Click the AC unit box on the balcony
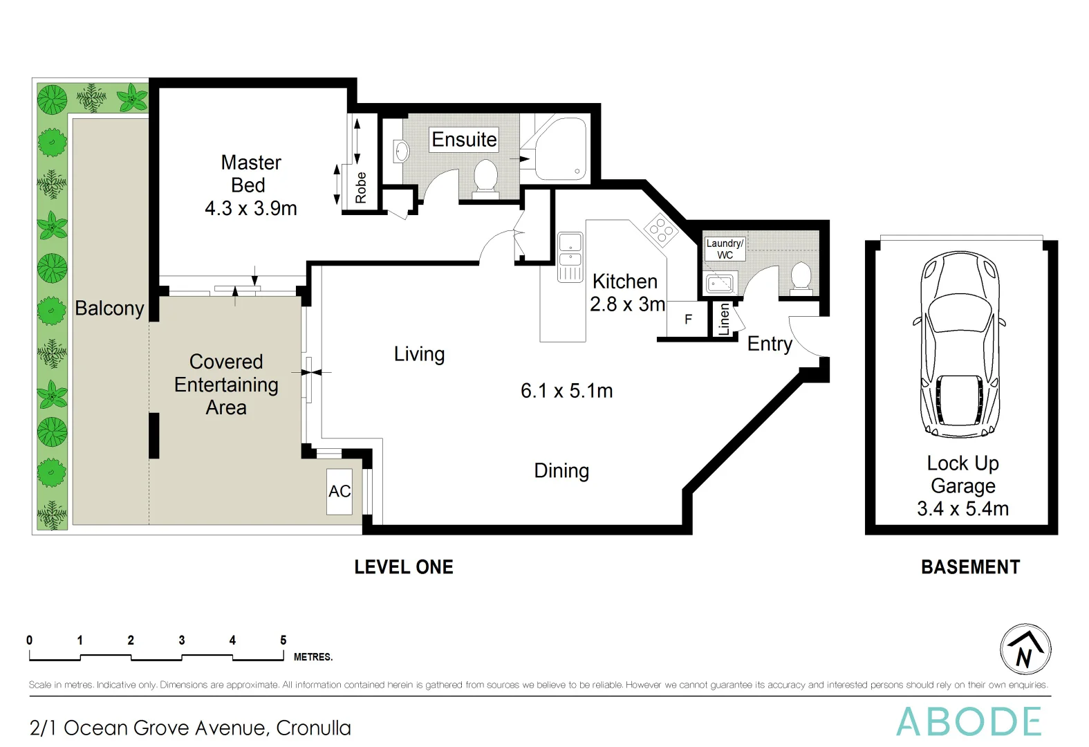point(339,491)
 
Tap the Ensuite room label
point(464,140)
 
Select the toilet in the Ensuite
point(485,176)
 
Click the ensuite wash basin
point(400,151)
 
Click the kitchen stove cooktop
point(660,230)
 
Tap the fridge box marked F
point(688,320)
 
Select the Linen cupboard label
point(724,320)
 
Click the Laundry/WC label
point(725,249)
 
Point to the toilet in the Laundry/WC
point(801,277)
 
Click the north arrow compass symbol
point(1025,649)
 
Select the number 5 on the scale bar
point(283,640)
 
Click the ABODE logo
point(969,722)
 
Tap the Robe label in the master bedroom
point(361,187)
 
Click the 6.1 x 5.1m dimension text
point(566,391)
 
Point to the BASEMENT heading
point(970,567)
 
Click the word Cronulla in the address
point(313,728)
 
